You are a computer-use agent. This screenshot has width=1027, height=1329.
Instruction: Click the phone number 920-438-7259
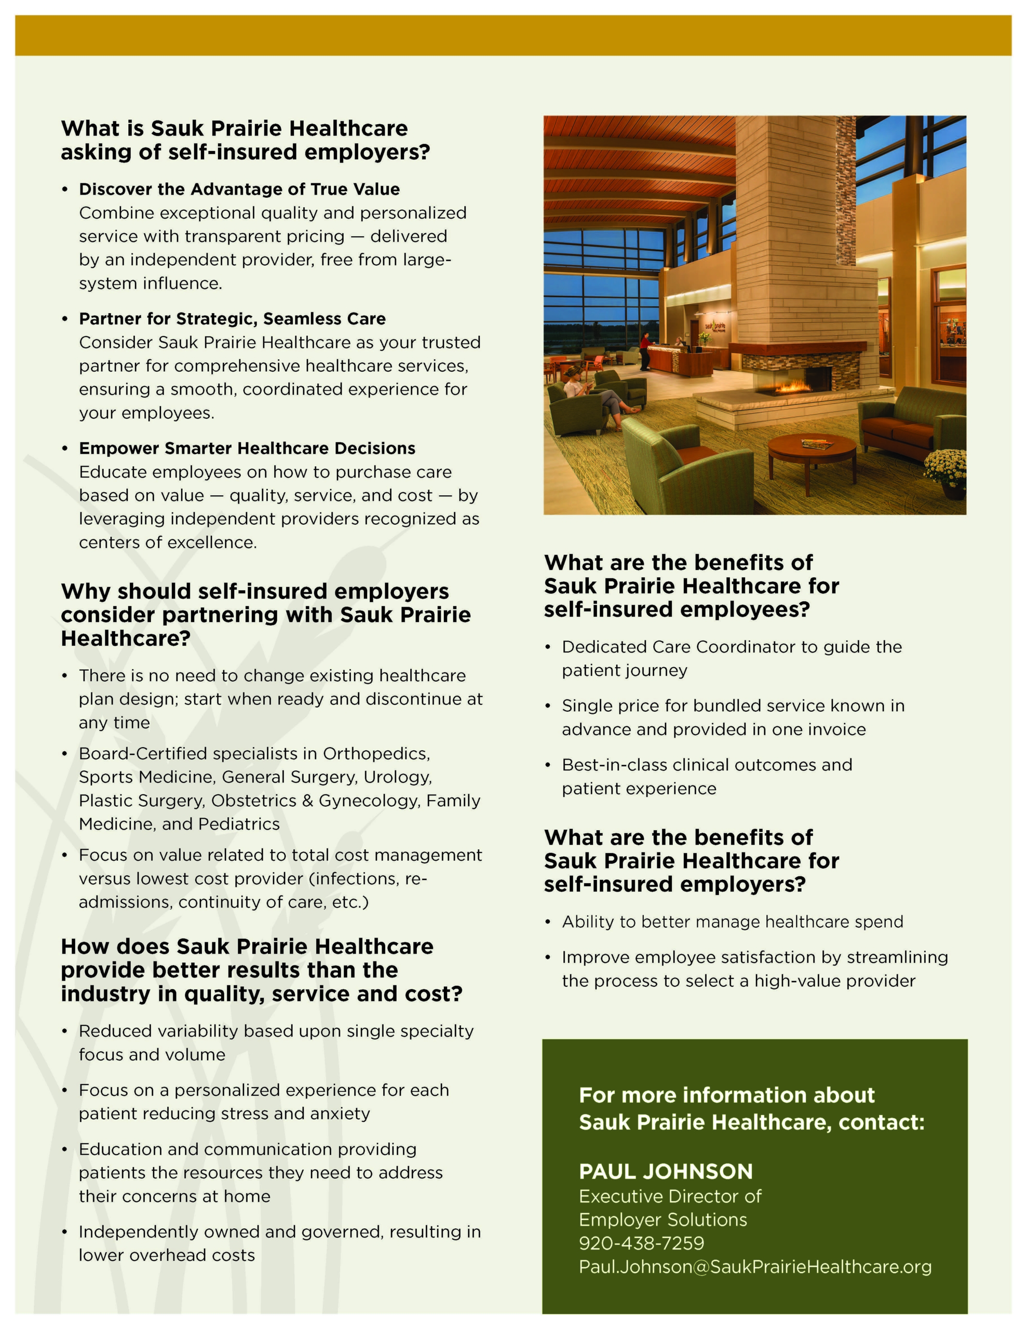[x=641, y=1243]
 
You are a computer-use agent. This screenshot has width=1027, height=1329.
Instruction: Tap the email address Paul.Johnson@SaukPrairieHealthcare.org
[x=755, y=1267]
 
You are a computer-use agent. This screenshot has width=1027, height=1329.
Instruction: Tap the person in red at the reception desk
[x=644, y=350]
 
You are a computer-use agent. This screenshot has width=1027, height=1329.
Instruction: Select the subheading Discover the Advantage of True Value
[x=239, y=189]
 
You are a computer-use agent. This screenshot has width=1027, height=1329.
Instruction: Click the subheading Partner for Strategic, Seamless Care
[x=232, y=319]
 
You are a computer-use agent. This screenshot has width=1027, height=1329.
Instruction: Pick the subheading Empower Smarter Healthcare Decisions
[x=247, y=449]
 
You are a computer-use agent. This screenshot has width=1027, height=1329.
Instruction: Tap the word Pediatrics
[x=239, y=824]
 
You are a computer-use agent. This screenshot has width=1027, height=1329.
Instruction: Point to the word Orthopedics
[x=376, y=754]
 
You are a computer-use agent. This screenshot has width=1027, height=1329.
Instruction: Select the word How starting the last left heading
[x=85, y=947]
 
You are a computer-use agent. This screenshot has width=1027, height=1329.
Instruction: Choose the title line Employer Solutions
[x=663, y=1219]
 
